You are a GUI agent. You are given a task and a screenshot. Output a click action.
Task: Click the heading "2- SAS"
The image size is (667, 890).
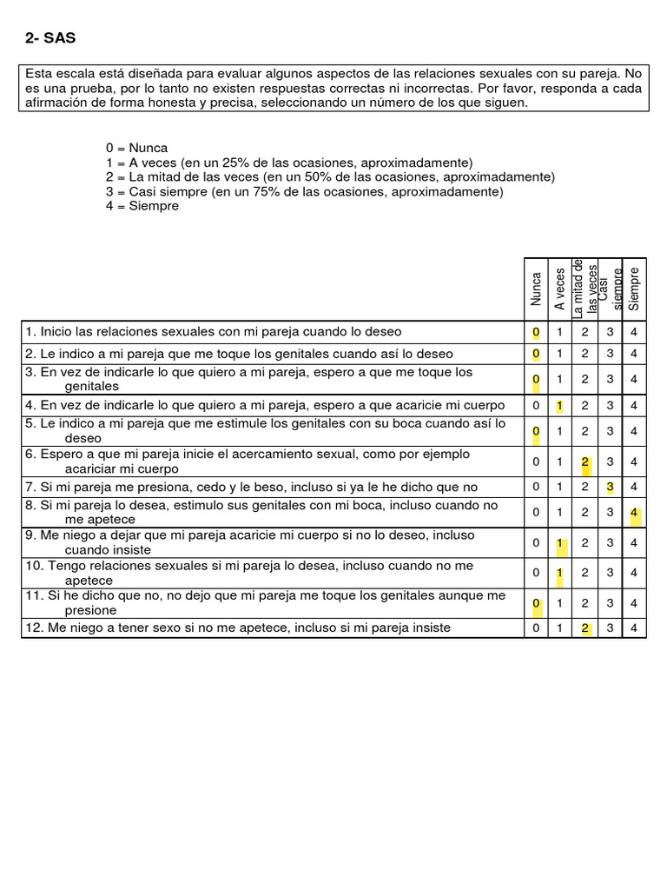pyautogui.click(x=51, y=38)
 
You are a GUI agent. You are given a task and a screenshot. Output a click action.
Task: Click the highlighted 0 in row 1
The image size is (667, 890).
pyautogui.click(x=536, y=332)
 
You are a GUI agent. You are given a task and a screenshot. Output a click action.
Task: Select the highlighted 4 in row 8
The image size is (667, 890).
pyautogui.click(x=635, y=513)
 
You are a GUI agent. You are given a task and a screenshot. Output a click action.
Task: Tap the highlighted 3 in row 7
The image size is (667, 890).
pyautogui.click(x=611, y=487)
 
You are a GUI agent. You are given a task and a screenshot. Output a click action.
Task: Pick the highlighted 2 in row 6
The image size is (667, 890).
pyautogui.click(x=585, y=462)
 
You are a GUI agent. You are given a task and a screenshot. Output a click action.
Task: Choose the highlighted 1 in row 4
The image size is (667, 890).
pyautogui.click(x=560, y=405)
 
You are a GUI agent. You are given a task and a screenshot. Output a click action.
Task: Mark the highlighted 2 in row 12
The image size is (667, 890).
pyautogui.click(x=585, y=628)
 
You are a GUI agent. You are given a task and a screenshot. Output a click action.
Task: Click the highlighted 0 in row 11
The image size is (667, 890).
pyautogui.click(x=536, y=602)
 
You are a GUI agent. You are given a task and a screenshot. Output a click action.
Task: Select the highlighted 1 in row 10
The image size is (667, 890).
pyautogui.click(x=560, y=572)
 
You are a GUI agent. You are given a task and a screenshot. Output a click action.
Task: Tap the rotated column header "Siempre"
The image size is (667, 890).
pyautogui.click(x=634, y=289)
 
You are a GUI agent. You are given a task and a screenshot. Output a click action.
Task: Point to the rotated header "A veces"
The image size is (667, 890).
pyautogui.click(x=561, y=289)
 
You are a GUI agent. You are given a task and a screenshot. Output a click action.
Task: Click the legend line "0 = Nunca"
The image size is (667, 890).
pyautogui.click(x=136, y=148)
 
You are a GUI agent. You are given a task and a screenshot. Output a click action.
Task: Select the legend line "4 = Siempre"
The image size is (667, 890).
pyautogui.click(x=142, y=206)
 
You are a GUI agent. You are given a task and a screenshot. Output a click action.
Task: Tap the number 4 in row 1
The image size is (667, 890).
pyautogui.click(x=635, y=332)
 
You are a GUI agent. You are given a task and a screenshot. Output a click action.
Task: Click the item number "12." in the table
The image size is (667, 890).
pyautogui.click(x=35, y=628)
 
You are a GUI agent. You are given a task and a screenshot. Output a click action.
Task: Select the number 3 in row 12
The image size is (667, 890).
pyautogui.click(x=611, y=628)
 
